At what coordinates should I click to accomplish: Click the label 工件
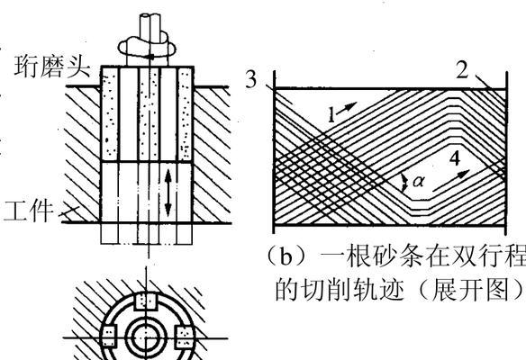(29, 211)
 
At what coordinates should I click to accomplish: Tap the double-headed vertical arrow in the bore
(168, 193)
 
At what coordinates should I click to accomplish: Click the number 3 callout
(251, 80)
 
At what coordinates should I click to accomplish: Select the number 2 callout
(463, 70)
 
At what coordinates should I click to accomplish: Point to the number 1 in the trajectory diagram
(331, 115)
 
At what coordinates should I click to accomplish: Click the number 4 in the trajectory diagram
(455, 158)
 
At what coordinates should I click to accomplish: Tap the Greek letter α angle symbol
(418, 181)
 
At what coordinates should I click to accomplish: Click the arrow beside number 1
(348, 108)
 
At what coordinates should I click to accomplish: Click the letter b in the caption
(286, 257)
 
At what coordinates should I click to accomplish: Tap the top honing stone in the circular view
(146, 301)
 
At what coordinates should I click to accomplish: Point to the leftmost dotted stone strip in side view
(110, 114)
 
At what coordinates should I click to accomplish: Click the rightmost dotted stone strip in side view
(185, 114)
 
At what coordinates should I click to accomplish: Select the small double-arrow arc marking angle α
(405, 183)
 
